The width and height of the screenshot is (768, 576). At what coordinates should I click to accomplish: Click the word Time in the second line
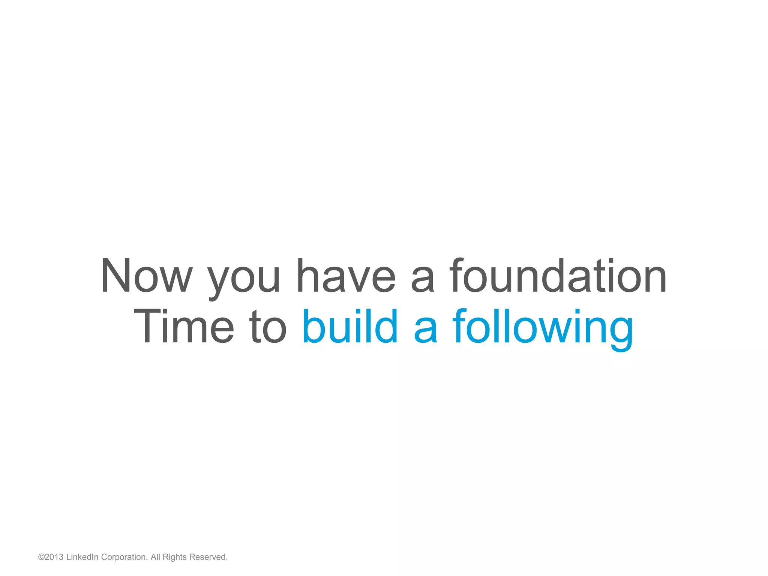click(184, 326)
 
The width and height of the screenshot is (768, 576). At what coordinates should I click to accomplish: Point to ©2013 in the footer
click(51, 557)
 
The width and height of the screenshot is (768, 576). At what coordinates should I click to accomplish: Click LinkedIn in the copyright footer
click(82, 557)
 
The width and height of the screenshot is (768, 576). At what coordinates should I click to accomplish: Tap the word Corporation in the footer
click(124, 558)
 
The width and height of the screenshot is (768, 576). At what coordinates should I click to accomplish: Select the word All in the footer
click(156, 557)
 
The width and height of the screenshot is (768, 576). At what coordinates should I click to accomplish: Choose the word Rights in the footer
click(174, 558)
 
